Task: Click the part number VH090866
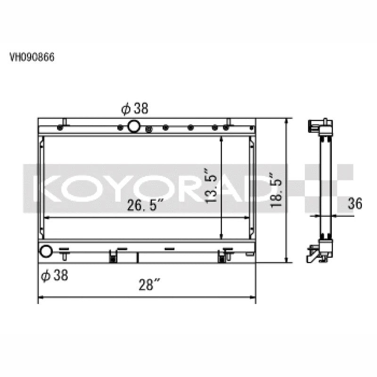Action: (32, 57)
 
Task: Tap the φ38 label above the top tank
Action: (135, 108)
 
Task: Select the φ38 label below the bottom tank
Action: (55, 275)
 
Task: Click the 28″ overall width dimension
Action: (149, 285)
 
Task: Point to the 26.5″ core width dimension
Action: (145, 205)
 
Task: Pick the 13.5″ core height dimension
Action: (211, 186)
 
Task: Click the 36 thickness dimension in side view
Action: (355, 204)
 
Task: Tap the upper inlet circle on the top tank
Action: (134, 126)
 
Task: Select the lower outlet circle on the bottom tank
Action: (46, 251)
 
